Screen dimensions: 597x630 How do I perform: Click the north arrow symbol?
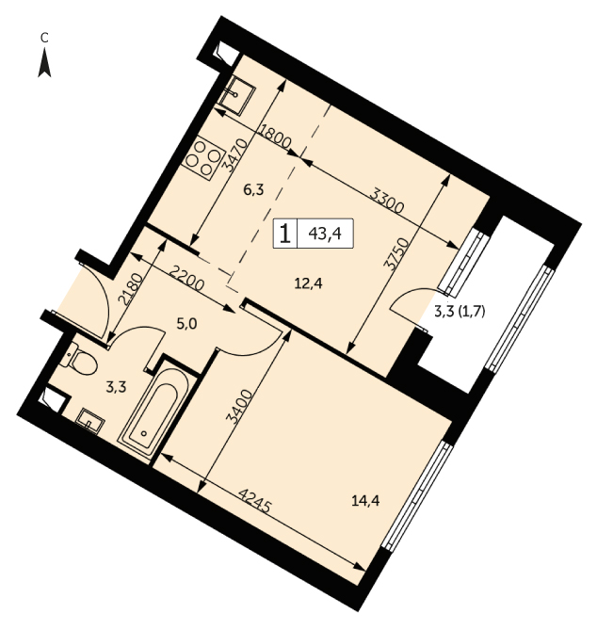pos(44,63)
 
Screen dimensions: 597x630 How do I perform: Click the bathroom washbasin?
pos(90,421)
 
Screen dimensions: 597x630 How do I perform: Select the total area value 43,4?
pos(325,233)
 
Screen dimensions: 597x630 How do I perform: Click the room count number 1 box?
pos(285,233)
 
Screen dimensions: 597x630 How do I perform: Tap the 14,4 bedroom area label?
pos(365,501)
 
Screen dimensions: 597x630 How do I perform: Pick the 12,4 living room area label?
pos(308,284)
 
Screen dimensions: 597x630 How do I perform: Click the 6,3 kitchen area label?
pos(254,189)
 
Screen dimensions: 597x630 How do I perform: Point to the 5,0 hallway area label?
pos(186,323)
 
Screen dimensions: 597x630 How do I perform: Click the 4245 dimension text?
pos(253,501)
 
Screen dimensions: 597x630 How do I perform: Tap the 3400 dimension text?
pos(239,407)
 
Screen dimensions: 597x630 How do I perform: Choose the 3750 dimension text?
pos(396,255)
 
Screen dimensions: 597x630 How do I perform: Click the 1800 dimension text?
pos(275,136)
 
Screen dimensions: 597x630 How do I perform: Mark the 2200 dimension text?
pos(186,279)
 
